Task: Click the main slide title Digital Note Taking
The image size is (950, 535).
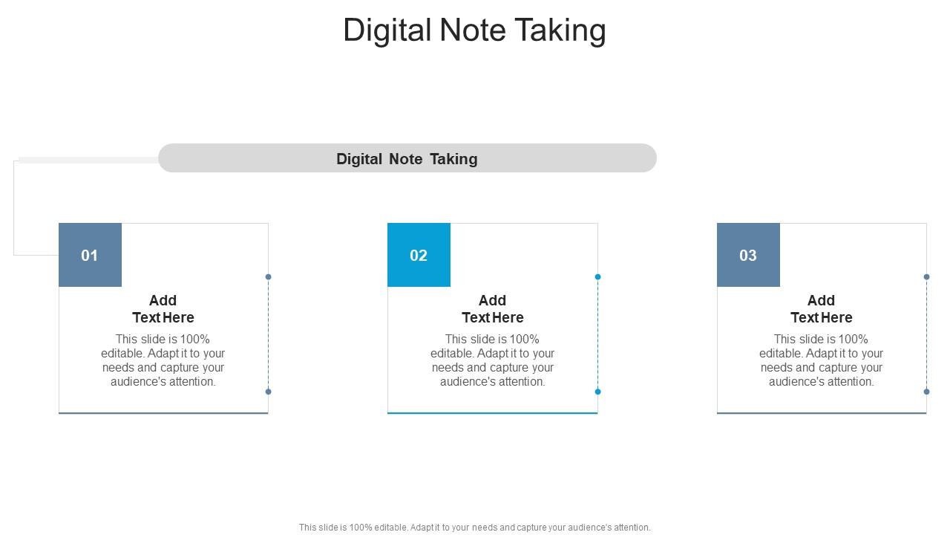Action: pos(474,30)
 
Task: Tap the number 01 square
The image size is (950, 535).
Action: pos(90,255)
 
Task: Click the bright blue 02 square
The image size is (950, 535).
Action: pos(419,255)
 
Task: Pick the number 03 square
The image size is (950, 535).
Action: pos(748,255)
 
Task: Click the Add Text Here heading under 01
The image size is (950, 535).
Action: pos(163,309)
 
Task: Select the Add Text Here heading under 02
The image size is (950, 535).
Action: pos(493,309)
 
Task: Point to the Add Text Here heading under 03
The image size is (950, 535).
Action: pos(822,309)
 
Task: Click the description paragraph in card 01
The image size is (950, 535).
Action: pos(163,360)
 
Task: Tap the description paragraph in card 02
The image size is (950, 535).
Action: pos(493,360)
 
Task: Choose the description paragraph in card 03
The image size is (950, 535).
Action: pos(822,360)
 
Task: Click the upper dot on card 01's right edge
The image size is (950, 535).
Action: pos(269,277)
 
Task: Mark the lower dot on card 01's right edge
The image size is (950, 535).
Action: pos(269,392)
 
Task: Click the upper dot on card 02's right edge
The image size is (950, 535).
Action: pos(597,277)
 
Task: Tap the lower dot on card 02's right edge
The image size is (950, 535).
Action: pos(597,392)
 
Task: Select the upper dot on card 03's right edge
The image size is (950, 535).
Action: pos(927,277)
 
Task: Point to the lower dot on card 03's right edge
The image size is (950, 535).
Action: pos(927,392)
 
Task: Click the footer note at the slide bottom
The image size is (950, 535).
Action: pos(474,528)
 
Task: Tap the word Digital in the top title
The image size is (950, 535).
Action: pos(387,30)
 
